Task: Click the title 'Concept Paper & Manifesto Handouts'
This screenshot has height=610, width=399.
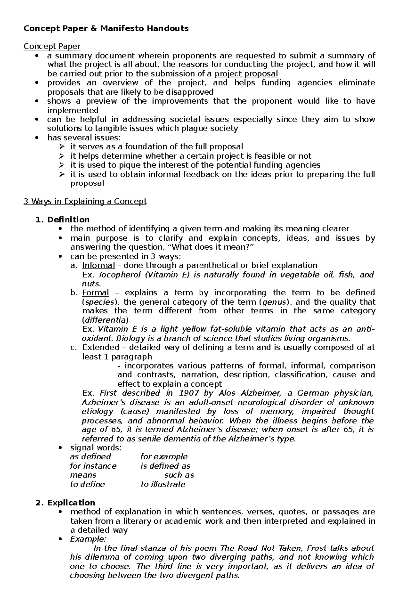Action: (x=106, y=28)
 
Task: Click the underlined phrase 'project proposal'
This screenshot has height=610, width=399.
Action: (x=246, y=74)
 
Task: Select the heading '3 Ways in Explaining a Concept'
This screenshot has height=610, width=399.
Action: (x=85, y=201)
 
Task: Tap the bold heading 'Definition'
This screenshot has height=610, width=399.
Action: (x=68, y=220)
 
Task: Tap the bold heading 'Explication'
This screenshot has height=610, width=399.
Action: (x=71, y=502)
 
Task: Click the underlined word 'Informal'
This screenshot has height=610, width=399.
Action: (x=98, y=265)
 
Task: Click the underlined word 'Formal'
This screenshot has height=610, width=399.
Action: (x=95, y=293)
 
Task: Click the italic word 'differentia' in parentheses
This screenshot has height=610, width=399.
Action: (x=105, y=320)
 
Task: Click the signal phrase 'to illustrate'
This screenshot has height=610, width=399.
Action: (x=163, y=484)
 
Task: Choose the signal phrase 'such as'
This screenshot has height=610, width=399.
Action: (x=179, y=475)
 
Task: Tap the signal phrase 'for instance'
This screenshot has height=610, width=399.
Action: (x=93, y=466)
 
